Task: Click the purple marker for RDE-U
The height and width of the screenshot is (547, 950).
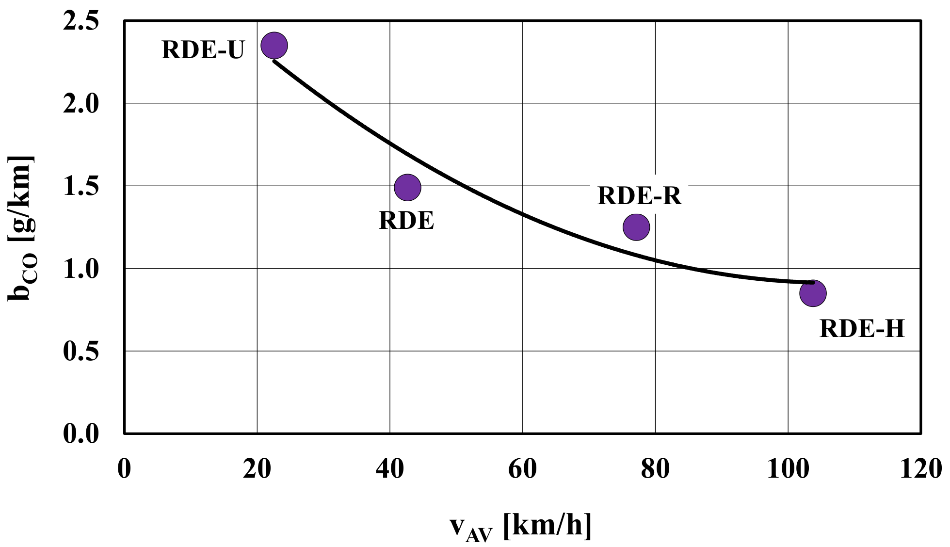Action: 274,46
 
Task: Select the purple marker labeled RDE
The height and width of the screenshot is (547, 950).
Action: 407,187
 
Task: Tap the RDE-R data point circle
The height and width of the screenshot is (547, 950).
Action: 636,226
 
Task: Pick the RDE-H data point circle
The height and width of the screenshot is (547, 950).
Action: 813,293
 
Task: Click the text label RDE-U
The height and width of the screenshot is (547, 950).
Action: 203,49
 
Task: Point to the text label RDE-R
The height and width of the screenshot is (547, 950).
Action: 639,196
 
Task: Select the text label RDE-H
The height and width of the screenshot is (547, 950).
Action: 862,329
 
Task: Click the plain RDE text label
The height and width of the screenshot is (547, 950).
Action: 406,221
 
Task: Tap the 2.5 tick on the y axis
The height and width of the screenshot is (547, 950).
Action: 81,22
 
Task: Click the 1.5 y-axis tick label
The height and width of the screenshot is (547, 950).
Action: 81,187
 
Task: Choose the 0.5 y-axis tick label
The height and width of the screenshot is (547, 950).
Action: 81,351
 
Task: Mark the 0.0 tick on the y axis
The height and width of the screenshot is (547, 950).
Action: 81,433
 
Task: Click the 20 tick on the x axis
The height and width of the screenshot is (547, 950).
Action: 257,469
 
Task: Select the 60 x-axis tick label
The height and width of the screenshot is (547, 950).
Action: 522,469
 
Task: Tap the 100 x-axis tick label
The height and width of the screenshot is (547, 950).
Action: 788,469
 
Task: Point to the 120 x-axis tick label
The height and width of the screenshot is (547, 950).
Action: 920,469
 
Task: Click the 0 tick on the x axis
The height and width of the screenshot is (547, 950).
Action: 124,469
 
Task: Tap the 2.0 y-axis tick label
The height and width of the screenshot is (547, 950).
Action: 81,104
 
